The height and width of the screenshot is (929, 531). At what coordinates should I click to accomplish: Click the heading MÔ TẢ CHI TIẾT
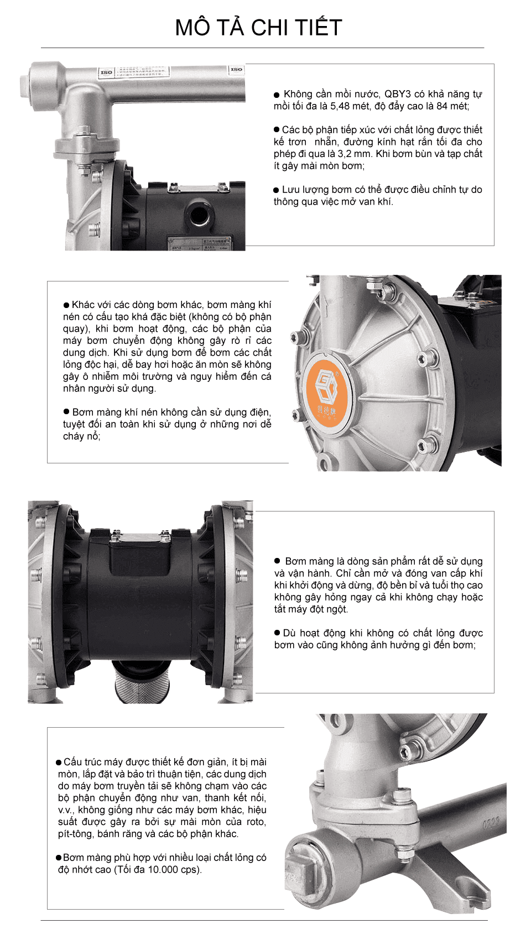(x=258, y=27)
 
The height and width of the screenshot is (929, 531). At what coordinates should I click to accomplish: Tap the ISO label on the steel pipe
(x=106, y=72)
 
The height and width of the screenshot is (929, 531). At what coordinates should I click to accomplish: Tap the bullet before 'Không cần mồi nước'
(x=277, y=95)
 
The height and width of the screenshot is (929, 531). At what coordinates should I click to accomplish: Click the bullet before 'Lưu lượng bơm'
(x=277, y=190)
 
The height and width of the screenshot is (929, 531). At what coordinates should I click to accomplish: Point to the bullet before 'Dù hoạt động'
(x=278, y=633)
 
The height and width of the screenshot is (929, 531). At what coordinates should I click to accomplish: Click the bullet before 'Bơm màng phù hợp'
(x=59, y=858)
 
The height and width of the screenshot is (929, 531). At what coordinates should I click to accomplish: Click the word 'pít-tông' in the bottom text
(x=76, y=834)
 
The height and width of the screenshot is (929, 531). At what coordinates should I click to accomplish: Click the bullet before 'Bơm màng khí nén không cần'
(x=66, y=412)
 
